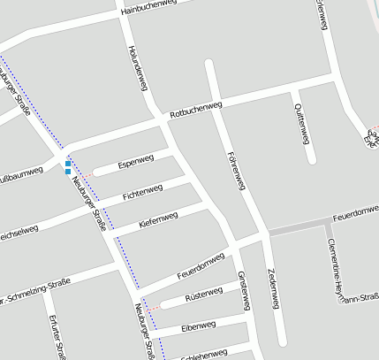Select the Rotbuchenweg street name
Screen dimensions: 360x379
click(x=196, y=109)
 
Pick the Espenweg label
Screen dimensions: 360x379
click(x=135, y=160)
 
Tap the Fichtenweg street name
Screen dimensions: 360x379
click(x=142, y=191)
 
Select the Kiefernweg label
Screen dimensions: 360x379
click(x=158, y=219)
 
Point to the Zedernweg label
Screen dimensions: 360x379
click(x=271, y=287)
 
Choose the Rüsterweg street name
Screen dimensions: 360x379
click(x=205, y=295)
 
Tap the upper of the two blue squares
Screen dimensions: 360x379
click(x=68, y=163)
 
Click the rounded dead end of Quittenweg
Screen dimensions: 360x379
click(x=311, y=160)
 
